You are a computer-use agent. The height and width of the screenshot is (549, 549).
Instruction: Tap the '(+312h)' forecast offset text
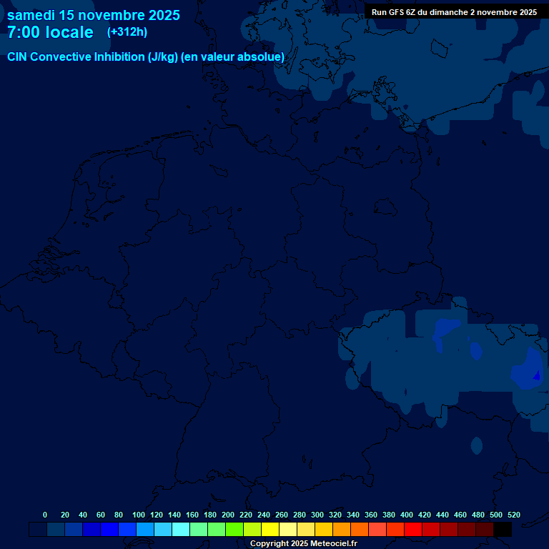(x=127, y=31)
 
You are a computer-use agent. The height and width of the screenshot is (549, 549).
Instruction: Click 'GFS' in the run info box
(x=396, y=12)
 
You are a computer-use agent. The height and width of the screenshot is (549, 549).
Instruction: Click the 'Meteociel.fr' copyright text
(x=328, y=544)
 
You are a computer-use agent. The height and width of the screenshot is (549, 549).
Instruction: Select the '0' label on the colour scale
(x=45, y=515)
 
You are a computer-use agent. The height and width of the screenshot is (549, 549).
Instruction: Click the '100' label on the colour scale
(x=139, y=515)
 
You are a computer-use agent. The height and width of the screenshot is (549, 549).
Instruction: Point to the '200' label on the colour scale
(x=228, y=515)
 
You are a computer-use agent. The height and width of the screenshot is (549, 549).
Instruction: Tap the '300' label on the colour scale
(x=317, y=515)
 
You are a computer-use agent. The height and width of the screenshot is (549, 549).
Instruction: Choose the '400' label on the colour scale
(x=407, y=515)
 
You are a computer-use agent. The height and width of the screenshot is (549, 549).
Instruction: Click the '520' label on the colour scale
(x=513, y=515)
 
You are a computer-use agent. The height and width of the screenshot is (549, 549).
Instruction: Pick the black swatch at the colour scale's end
(x=503, y=530)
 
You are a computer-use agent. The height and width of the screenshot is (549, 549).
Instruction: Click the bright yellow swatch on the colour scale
(x=270, y=530)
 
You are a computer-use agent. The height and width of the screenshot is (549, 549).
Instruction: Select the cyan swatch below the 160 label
(x=181, y=530)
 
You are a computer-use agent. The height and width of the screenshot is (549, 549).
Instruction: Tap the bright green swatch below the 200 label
(x=234, y=530)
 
